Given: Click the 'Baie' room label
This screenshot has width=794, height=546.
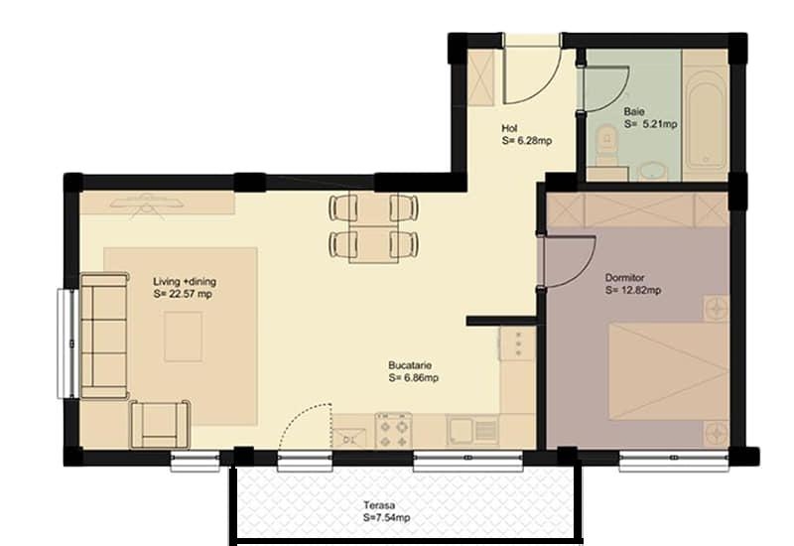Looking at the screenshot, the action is [x=634, y=111].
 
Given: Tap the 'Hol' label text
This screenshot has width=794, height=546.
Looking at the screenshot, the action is [x=509, y=129].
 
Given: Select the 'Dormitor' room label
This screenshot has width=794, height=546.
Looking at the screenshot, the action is [x=625, y=278].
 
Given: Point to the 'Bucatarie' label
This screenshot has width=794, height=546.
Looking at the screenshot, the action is [x=410, y=365].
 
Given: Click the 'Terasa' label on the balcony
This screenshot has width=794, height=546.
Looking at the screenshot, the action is [x=379, y=505].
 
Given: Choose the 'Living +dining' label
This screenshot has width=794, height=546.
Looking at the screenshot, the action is [x=185, y=282].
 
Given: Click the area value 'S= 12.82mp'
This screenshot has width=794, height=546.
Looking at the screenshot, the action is [x=633, y=291].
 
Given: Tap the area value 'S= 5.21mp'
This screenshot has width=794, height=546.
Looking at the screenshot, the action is [x=650, y=124].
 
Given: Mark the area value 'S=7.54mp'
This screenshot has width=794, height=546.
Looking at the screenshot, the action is [x=386, y=518].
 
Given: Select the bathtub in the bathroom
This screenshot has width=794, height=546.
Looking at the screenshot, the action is [x=706, y=120].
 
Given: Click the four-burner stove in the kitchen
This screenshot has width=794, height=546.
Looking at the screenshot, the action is [x=393, y=430].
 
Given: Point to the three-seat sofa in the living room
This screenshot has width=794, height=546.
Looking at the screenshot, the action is [x=104, y=336].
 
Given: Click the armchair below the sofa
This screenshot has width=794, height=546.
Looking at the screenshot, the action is [x=160, y=425].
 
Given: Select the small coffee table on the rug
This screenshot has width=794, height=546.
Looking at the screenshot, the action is [x=183, y=337].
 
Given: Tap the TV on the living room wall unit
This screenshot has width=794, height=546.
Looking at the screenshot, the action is [x=146, y=204].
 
